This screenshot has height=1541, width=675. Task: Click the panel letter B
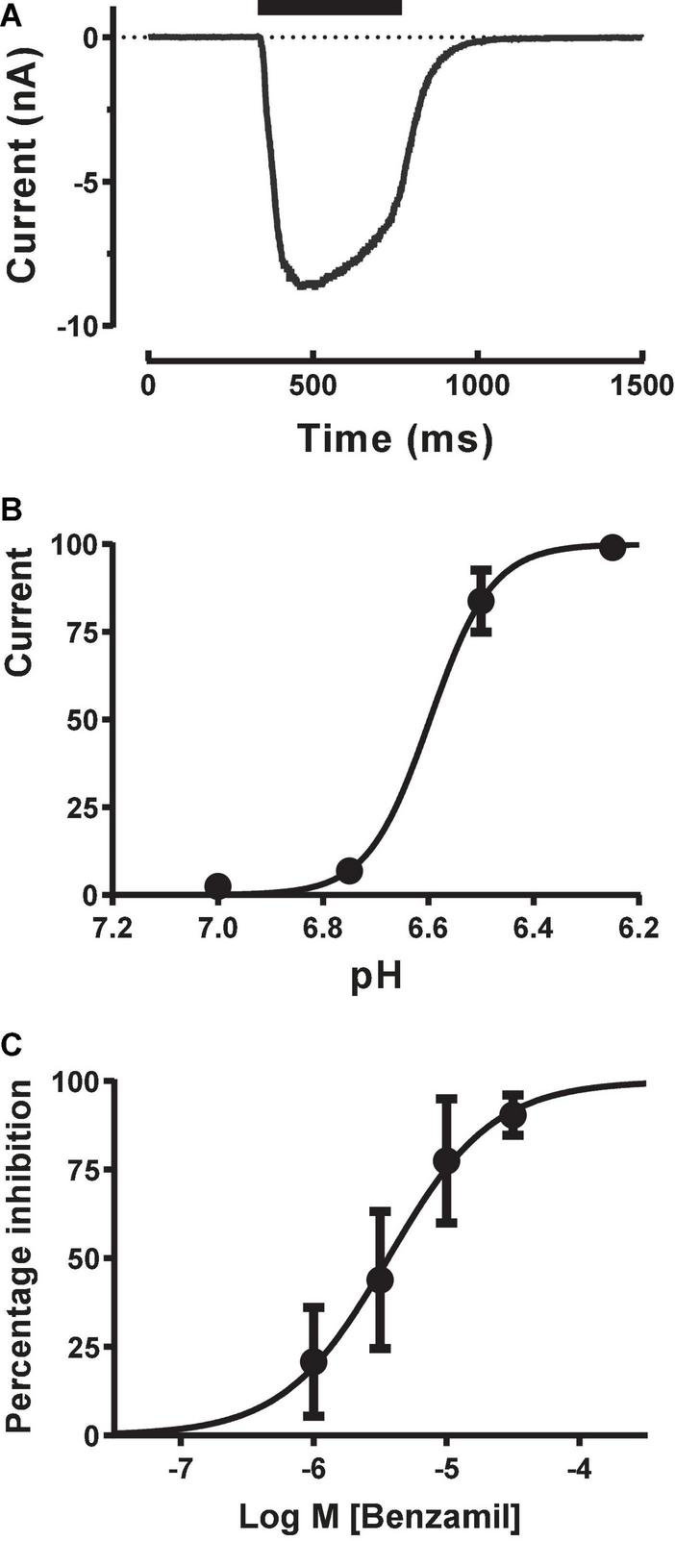tap(10, 509)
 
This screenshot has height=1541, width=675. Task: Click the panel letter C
tap(11, 1045)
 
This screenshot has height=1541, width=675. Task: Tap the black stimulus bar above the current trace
tap(329, 8)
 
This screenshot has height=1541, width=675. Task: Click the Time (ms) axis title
tap(395, 438)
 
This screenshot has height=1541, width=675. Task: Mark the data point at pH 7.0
tap(218, 885)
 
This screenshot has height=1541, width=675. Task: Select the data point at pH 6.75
tap(350, 871)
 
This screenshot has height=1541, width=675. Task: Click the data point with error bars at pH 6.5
tap(481, 601)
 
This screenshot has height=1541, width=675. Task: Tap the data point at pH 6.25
tap(612, 548)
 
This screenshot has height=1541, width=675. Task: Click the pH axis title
tap(376, 982)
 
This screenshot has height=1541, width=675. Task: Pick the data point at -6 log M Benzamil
tap(313, 1362)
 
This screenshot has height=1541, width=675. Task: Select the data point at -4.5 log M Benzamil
tap(512, 1115)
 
